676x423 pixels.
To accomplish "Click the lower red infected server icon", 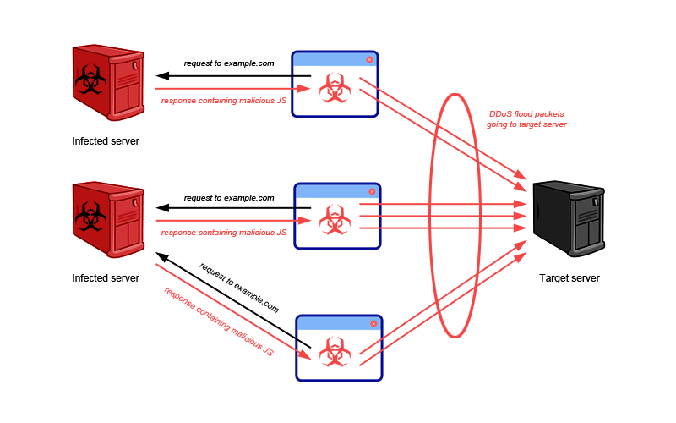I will [107, 219].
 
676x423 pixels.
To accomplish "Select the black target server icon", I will [568, 218].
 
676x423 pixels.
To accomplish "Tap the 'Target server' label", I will [570, 277].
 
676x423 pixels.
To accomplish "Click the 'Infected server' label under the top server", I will [106, 141].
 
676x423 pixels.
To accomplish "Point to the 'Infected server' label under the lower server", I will [106, 277].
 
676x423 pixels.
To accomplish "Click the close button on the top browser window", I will [369, 59].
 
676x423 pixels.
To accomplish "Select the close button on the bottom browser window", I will [373, 324].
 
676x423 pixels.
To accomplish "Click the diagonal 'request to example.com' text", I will [239, 288].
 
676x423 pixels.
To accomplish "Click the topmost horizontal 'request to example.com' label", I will [229, 63].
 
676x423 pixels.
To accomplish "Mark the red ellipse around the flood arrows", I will [433, 216].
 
